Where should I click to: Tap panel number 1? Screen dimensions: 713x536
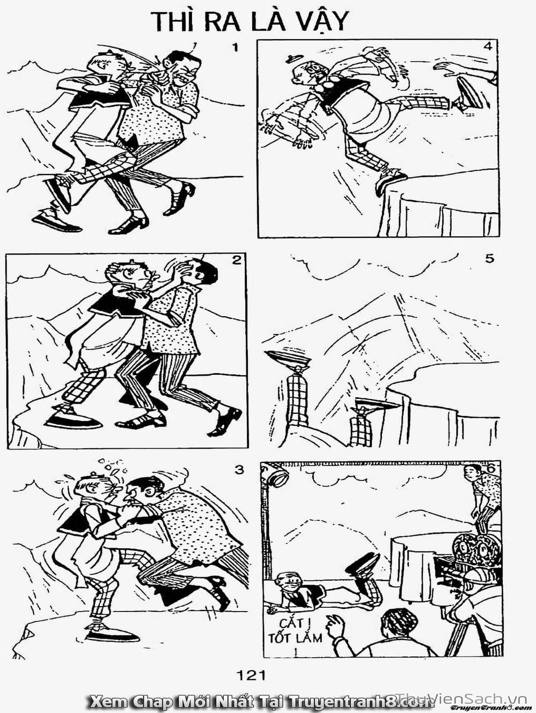234,48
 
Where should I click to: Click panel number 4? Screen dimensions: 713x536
487,46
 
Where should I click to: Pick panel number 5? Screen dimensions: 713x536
489,258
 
